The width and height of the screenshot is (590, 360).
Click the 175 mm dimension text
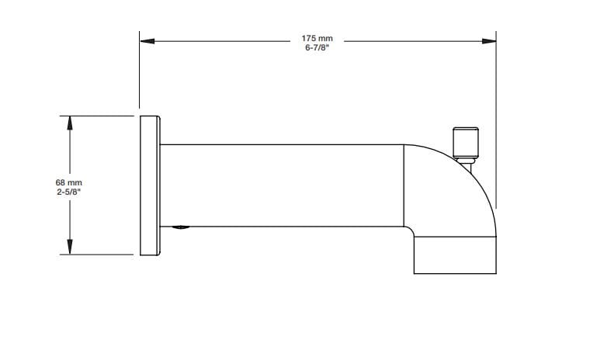point(317,38)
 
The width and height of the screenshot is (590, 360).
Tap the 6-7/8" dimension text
point(317,47)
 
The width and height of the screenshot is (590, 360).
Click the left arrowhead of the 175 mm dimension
point(146,40)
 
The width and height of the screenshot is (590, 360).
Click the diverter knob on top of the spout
point(466,141)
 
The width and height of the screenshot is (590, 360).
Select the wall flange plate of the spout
point(149,185)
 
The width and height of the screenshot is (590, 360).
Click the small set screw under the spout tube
point(179,228)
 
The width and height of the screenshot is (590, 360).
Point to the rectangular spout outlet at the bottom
point(454,256)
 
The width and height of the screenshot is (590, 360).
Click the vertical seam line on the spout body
point(404,185)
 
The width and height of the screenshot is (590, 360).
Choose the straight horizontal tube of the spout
point(279,185)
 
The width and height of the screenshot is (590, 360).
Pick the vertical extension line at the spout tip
point(495,116)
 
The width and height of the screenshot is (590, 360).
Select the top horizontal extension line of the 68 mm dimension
point(97,116)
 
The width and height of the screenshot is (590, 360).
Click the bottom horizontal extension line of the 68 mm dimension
point(97,254)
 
